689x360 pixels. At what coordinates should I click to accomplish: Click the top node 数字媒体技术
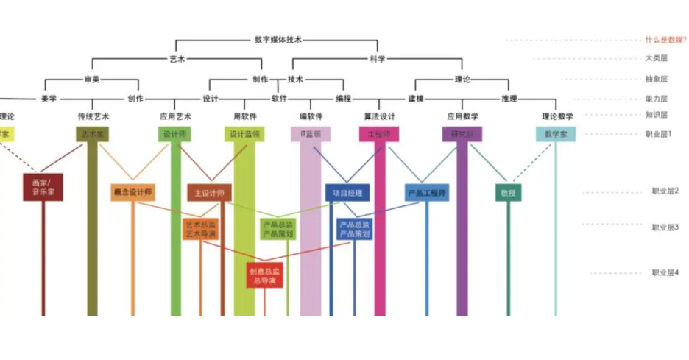(x=278, y=40)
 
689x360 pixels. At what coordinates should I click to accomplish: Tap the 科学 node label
(x=378, y=60)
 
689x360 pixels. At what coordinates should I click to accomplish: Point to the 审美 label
(x=92, y=80)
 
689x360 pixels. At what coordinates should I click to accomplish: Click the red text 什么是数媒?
(x=665, y=40)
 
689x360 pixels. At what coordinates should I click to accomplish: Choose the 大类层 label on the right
(x=656, y=59)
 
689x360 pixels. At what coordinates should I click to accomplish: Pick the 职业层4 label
(x=665, y=272)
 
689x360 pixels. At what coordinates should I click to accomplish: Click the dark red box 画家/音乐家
(x=43, y=188)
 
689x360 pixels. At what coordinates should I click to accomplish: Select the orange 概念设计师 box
(x=133, y=193)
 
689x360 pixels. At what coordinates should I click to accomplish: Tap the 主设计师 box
(x=209, y=193)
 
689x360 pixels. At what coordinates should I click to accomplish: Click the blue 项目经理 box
(x=347, y=193)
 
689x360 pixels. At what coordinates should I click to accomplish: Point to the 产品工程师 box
(x=427, y=193)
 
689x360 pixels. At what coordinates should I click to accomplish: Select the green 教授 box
(x=508, y=193)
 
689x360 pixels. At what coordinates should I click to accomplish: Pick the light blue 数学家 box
(x=556, y=134)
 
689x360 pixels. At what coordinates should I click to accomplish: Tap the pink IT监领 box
(x=311, y=134)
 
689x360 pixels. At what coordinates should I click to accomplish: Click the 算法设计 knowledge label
(x=380, y=116)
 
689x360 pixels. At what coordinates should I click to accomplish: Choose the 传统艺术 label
(x=93, y=116)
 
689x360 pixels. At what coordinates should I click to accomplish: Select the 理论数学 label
(x=557, y=116)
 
